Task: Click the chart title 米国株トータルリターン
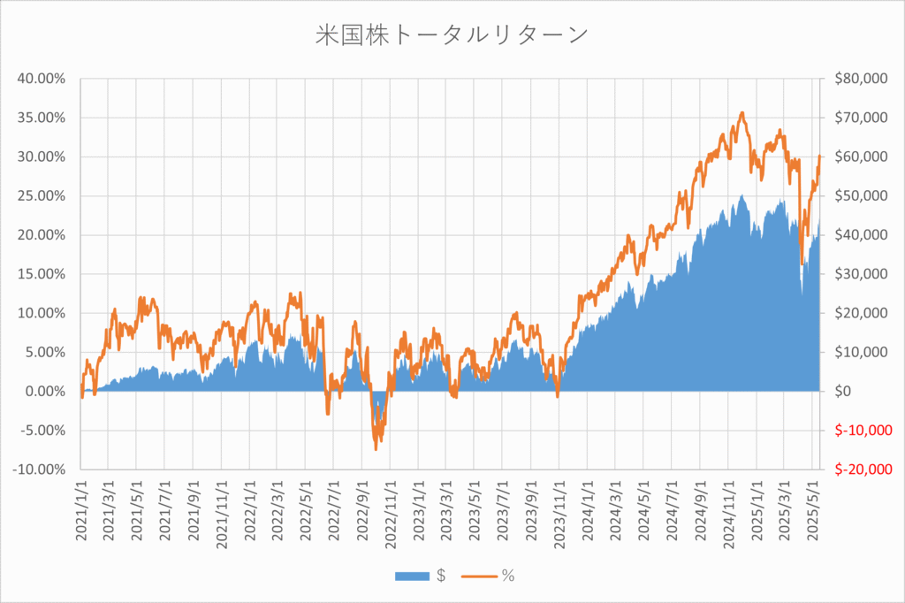coord(451,35)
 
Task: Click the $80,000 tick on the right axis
coord(860,79)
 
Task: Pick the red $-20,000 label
coord(860,469)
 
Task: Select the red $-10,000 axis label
coord(860,431)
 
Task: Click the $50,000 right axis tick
coord(860,195)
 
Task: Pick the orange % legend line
coord(478,576)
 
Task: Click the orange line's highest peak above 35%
coord(742,113)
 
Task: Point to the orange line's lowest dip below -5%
coord(376,449)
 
